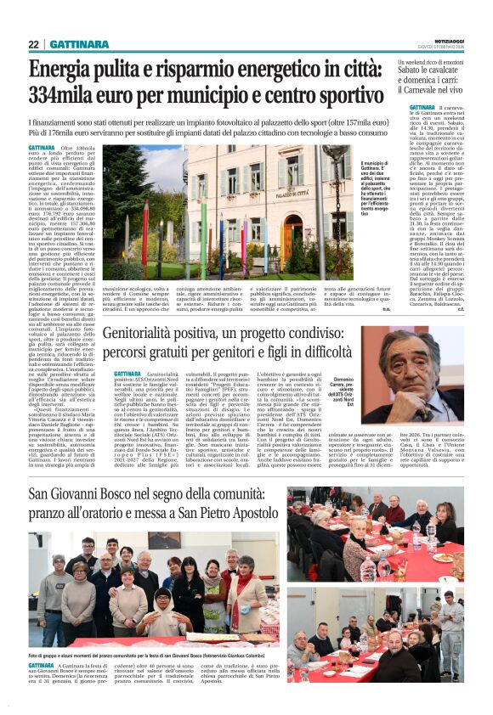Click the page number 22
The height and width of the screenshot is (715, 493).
34,44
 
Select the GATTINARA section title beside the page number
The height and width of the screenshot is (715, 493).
78,44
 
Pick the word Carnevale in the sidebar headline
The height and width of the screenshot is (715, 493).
429,90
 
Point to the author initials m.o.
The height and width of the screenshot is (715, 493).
387,309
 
